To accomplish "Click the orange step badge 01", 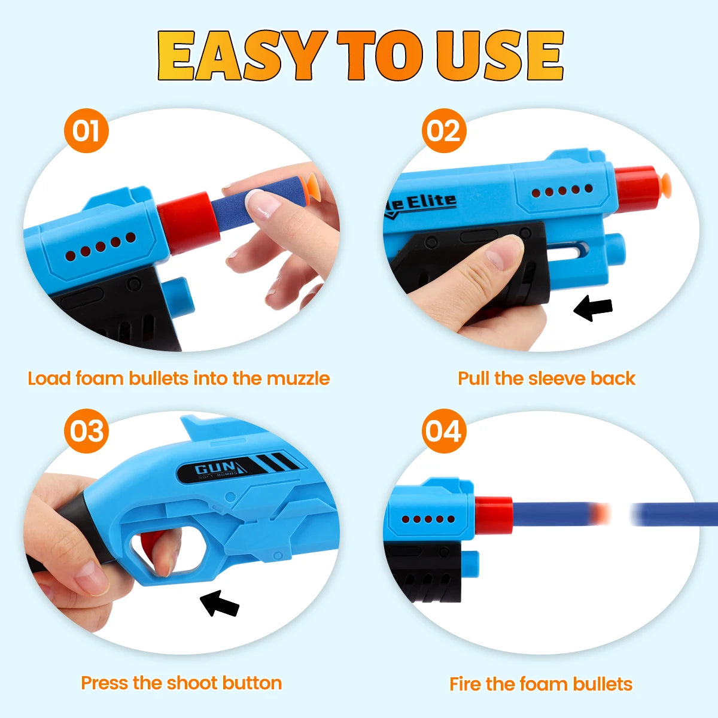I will (86, 130).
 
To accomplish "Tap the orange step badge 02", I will (443, 130).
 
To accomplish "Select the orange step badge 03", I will (86, 431).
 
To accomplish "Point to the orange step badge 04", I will (443, 431).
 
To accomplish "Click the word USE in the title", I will (499, 55).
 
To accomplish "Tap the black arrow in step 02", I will (593, 308).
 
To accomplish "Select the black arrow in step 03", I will (220, 603).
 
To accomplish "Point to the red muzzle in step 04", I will (494, 515).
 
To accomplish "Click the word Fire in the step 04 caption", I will (466, 684).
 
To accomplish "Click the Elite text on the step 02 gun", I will (431, 202).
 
